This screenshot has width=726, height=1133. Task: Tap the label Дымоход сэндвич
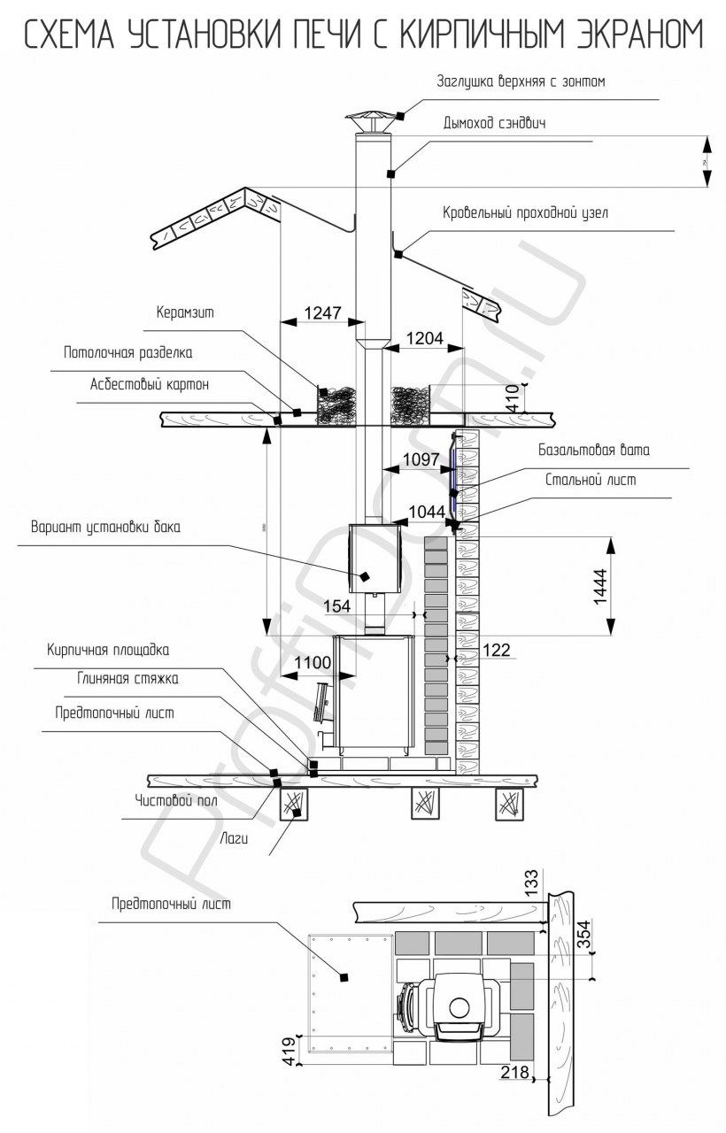[x=494, y=123]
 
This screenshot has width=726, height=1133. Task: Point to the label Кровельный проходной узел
[x=525, y=213]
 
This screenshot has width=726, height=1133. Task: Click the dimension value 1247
[x=322, y=312]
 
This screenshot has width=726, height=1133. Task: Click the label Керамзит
[x=185, y=312]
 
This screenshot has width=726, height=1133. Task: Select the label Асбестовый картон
[x=150, y=385]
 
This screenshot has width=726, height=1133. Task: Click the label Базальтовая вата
[x=594, y=450]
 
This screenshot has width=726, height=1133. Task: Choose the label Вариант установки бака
[x=105, y=528]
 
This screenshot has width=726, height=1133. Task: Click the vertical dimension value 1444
[x=599, y=586]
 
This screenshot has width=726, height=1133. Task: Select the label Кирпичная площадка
[x=107, y=650]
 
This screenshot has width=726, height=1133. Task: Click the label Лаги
[x=233, y=836]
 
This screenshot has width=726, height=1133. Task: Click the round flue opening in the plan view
[x=460, y=1006]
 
